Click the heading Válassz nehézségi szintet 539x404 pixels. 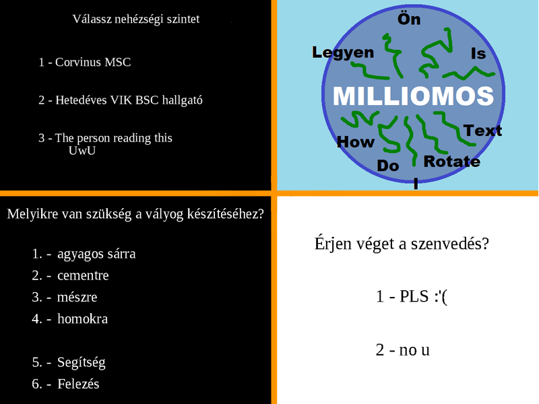click(x=136, y=20)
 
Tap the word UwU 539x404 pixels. click(x=82, y=150)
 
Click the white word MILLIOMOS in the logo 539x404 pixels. click(x=413, y=96)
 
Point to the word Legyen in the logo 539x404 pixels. click(x=343, y=53)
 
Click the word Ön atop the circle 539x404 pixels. click(x=409, y=19)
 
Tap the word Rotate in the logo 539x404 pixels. click(x=451, y=162)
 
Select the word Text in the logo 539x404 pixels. click(x=482, y=131)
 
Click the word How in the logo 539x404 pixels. click(x=356, y=142)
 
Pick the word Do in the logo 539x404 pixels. click(x=388, y=166)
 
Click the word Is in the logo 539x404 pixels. click(x=478, y=54)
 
